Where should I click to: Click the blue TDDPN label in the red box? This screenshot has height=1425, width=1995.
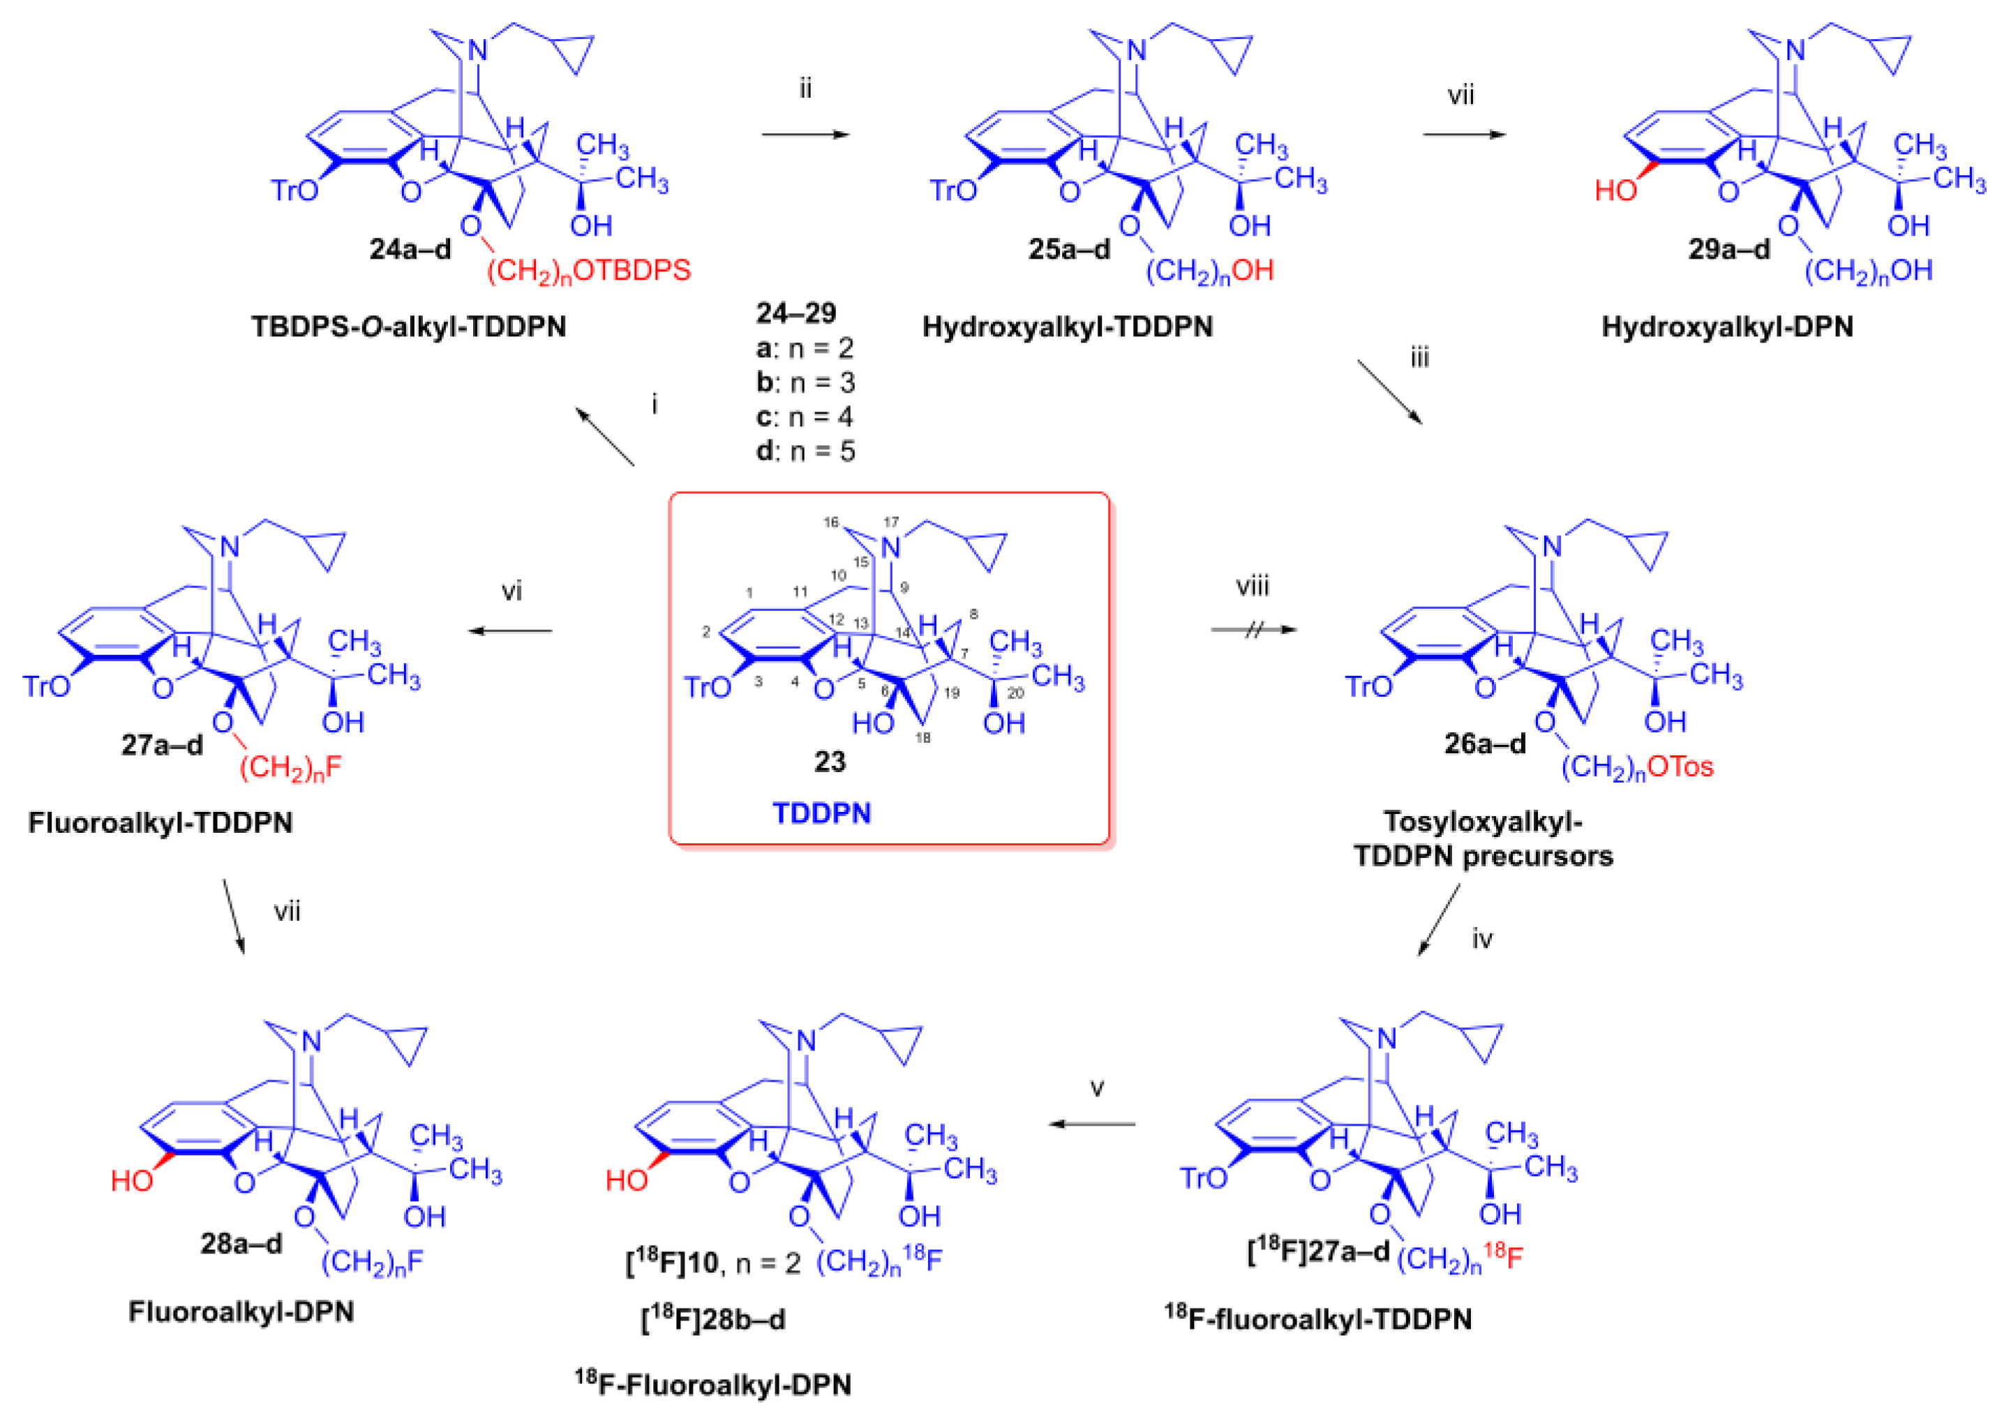pyautogui.click(x=821, y=813)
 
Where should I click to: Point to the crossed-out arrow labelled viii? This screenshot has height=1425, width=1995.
pyautogui.click(x=1253, y=629)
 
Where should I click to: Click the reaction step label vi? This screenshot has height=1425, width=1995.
pyautogui.click(x=511, y=591)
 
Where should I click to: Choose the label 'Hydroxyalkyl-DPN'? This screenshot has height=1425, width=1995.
pyautogui.click(x=1726, y=326)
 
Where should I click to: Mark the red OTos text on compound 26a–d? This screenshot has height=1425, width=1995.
pyautogui.click(x=1680, y=767)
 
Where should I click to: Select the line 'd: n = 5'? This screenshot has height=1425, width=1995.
pyautogui.click(x=805, y=451)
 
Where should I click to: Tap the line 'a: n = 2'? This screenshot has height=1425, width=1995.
pyautogui.click(x=805, y=348)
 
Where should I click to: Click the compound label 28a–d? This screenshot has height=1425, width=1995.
pyautogui.click(x=241, y=1242)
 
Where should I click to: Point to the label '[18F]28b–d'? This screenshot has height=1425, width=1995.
pyautogui.click(x=712, y=1319)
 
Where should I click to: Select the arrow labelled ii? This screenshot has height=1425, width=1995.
pyautogui.click(x=805, y=134)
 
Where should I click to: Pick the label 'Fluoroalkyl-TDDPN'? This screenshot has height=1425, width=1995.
pyautogui.click(x=160, y=822)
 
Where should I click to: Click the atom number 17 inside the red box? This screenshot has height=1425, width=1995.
pyautogui.click(x=891, y=522)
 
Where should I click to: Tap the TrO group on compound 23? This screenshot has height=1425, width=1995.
pyautogui.click(x=707, y=686)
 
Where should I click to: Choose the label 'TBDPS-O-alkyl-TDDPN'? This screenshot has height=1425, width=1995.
pyautogui.click(x=408, y=326)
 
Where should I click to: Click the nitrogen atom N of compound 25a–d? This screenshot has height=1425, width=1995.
pyautogui.click(x=1137, y=50)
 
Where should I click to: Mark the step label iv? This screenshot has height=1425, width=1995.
pyautogui.click(x=1481, y=940)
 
